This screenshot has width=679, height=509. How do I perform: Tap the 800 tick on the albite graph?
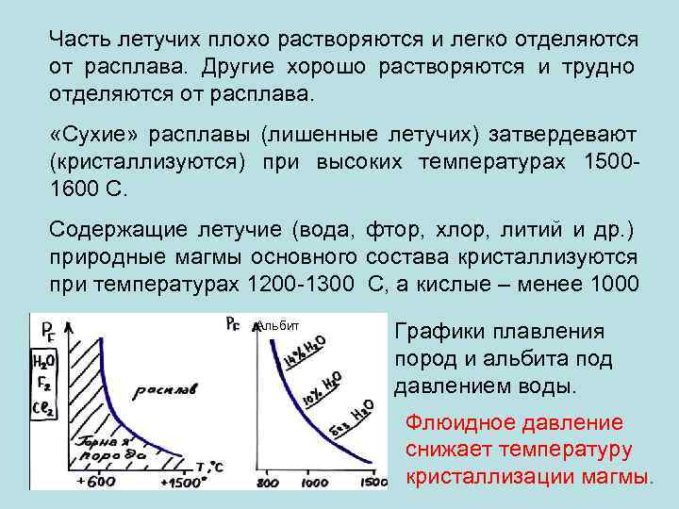(x=270, y=484)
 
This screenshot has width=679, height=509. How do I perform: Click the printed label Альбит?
(x=279, y=326)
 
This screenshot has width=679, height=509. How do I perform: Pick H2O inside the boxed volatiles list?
(x=42, y=359)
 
